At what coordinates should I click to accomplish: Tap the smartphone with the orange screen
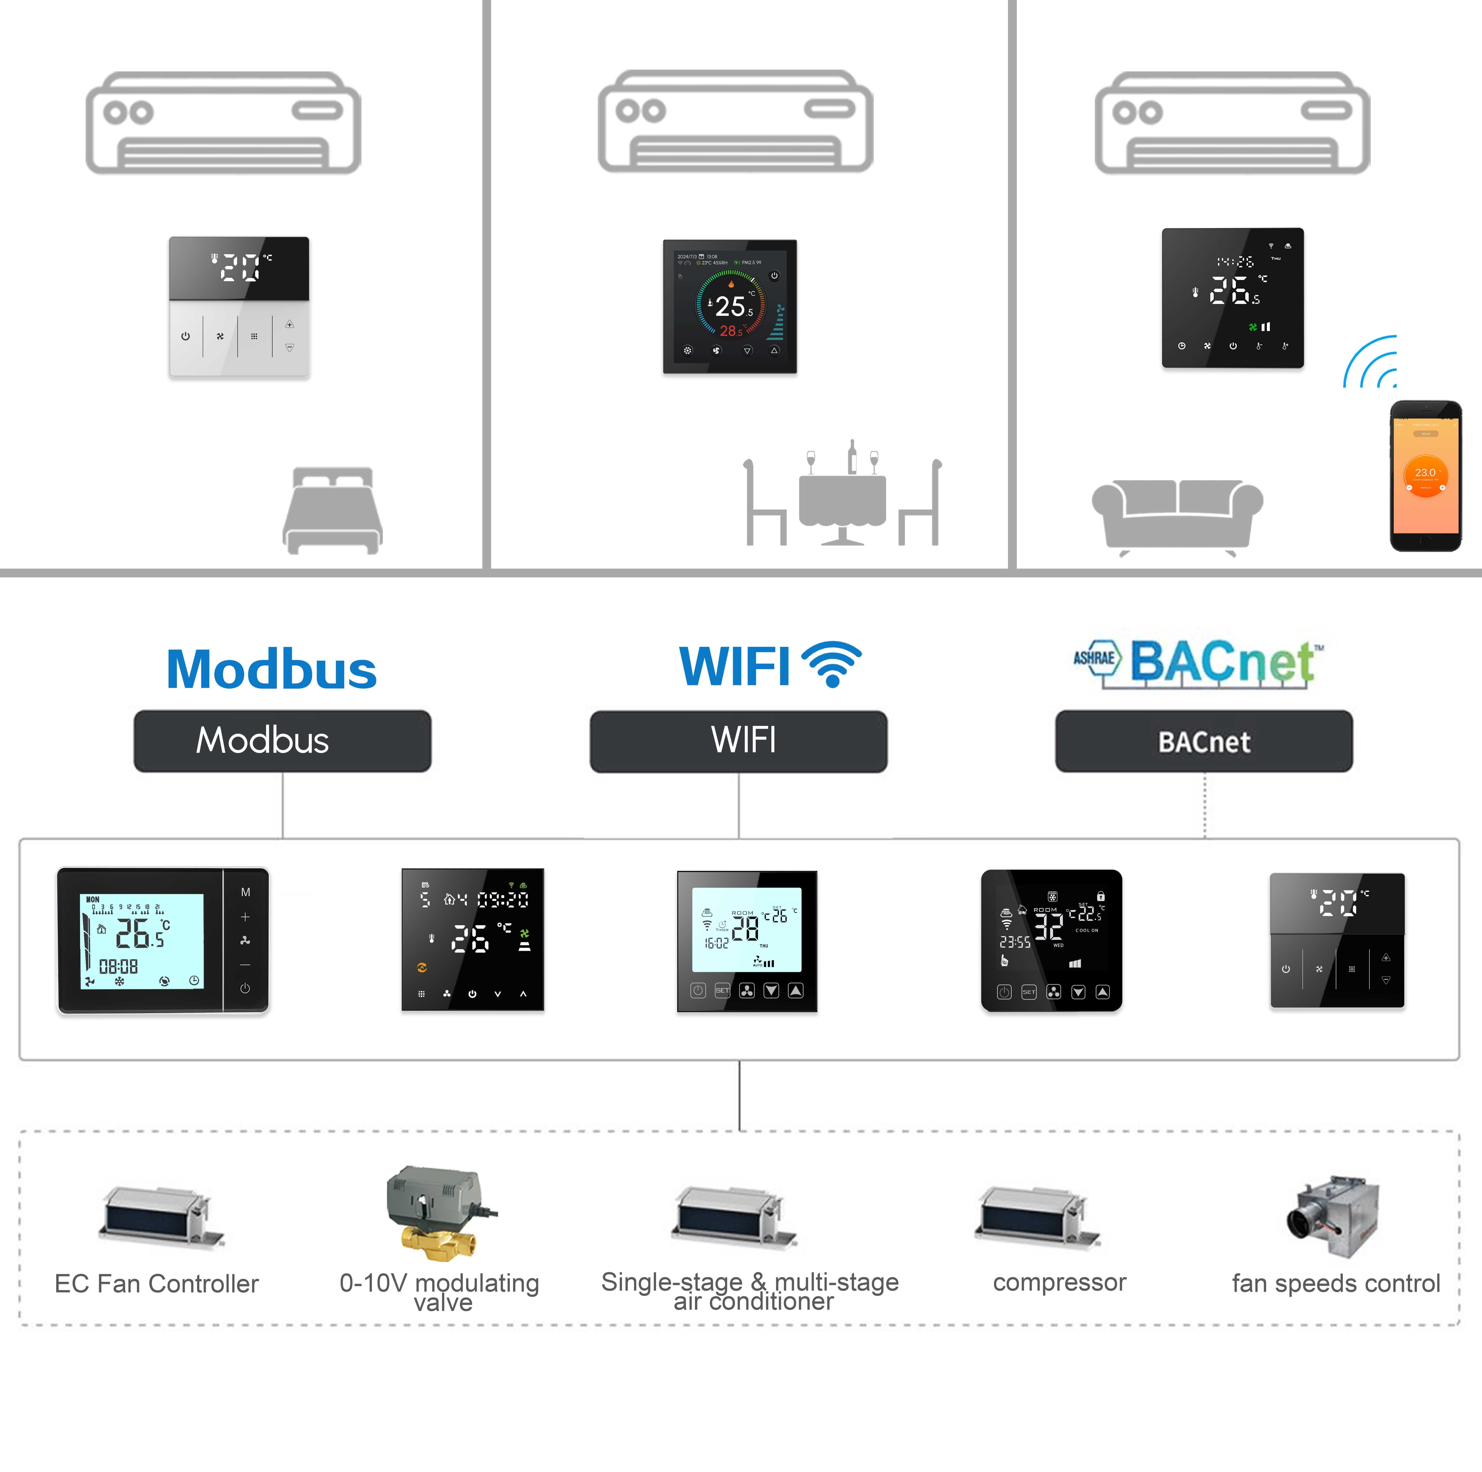pyautogui.click(x=1425, y=476)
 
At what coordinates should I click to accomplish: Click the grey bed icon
pyautogui.click(x=333, y=510)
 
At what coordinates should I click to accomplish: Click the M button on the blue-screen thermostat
pyautogui.click(x=245, y=892)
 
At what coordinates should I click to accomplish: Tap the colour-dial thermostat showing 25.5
pyautogui.click(x=729, y=307)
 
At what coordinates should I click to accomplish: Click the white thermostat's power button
pyautogui.click(x=186, y=336)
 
